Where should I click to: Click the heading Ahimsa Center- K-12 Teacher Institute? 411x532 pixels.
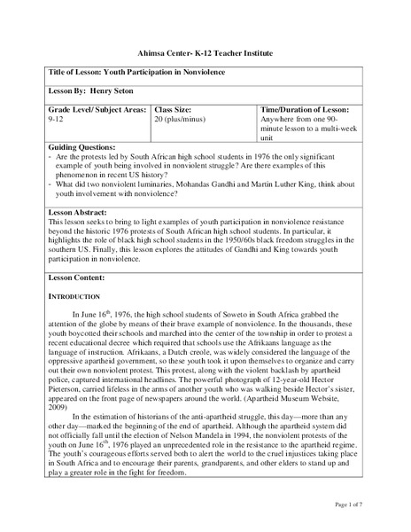click(x=205, y=53)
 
